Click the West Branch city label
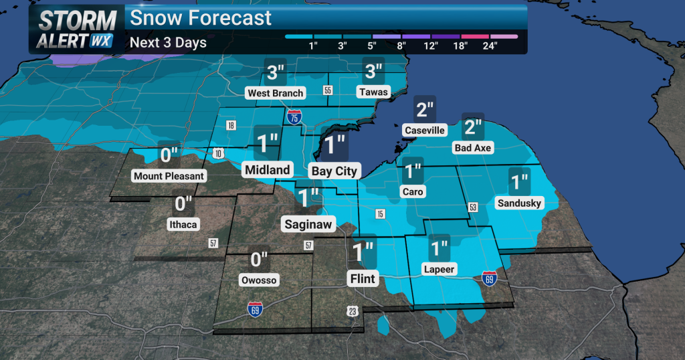(x=275, y=93)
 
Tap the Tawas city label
(x=372, y=92)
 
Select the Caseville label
(x=424, y=130)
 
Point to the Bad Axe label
(x=473, y=147)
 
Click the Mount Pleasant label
(x=169, y=176)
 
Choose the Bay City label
(x=334, y=171)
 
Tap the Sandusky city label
(x=519, y=203)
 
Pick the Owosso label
(x=259, y=280)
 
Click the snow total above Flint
(x=363, y=252)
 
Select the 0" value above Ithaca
(x=183, y=203)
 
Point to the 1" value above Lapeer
(x=439, y=248)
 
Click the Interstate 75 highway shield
(x=294, y=117)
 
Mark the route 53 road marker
(x=474, y=208)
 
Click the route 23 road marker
(x=352, y=311)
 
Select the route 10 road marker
(x=219, y=155)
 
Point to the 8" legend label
(x=401, y=46)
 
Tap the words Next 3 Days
(x=168, y=43)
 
